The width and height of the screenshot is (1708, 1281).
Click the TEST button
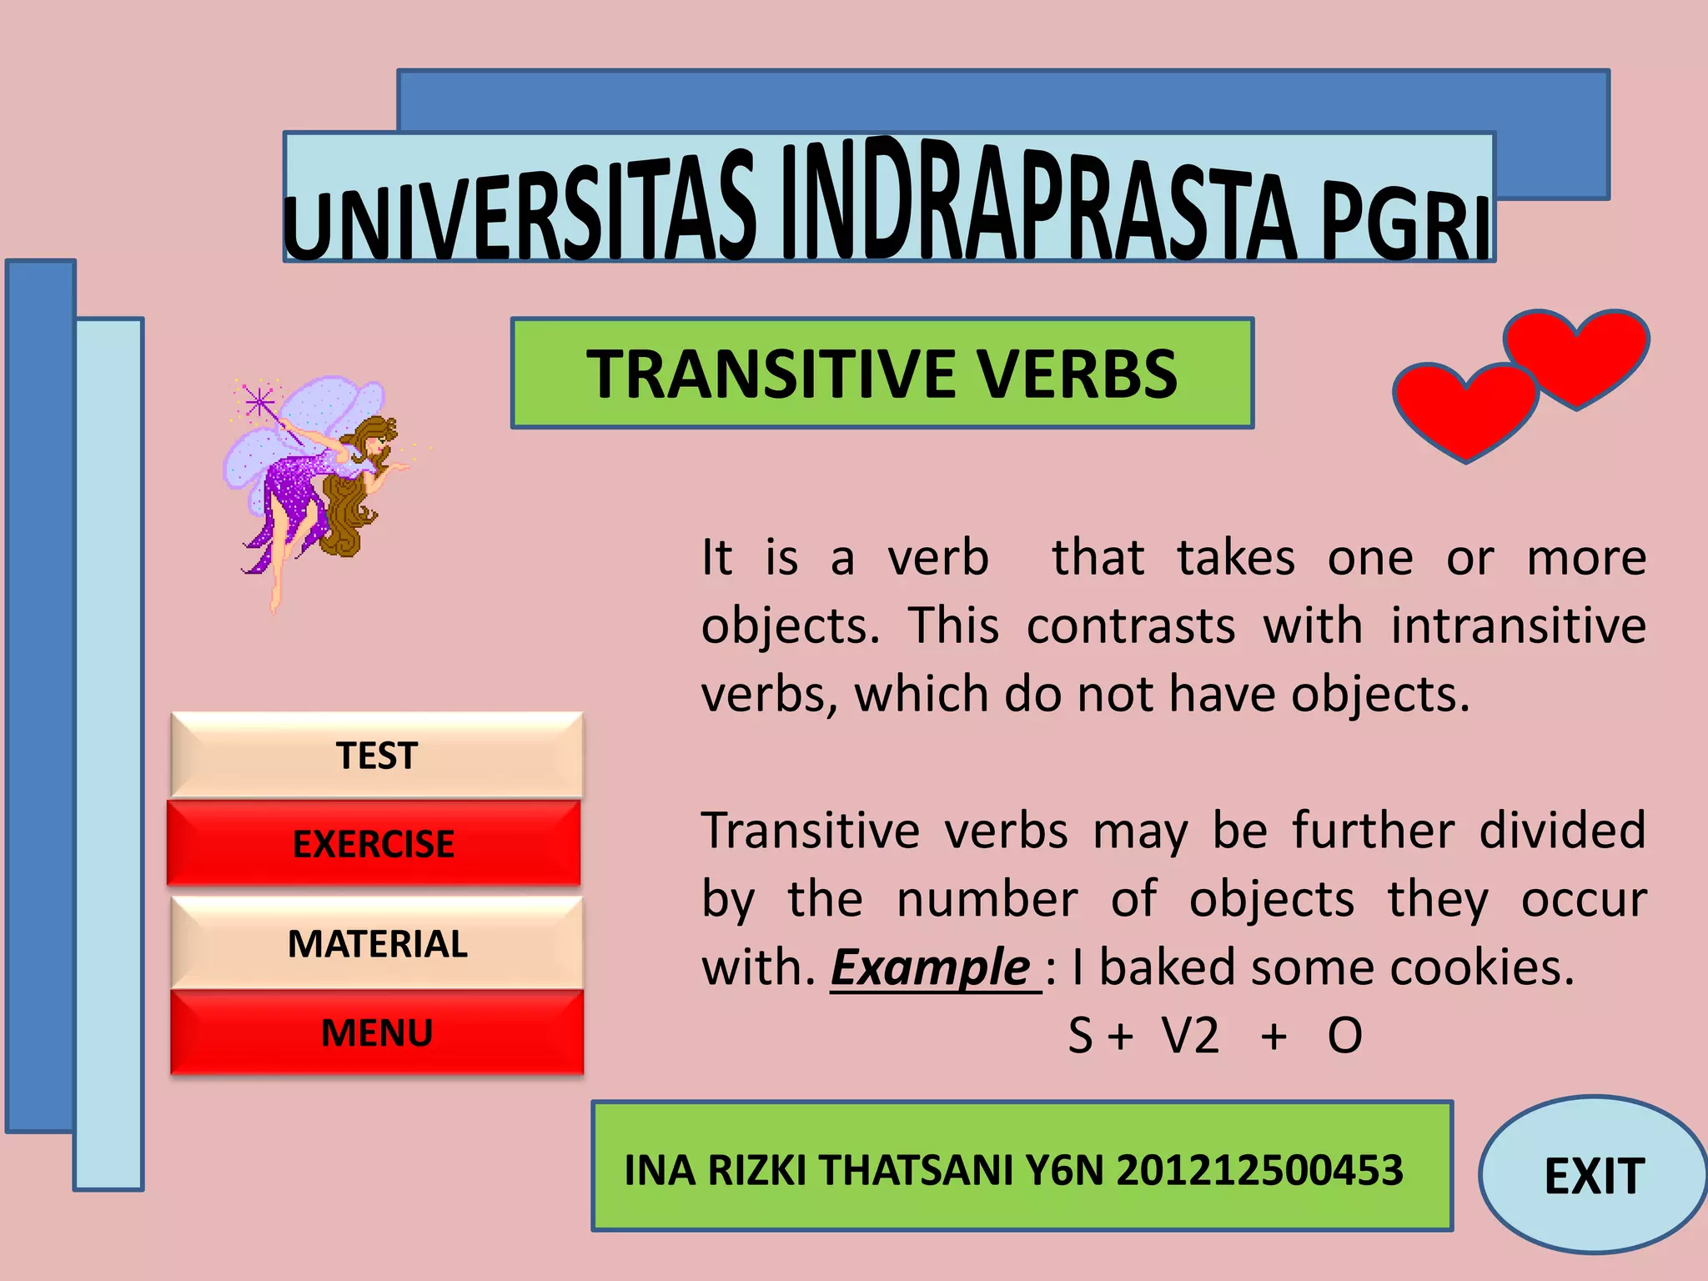377,756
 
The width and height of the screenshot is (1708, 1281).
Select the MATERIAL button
377,944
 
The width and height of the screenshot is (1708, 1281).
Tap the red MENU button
377,1032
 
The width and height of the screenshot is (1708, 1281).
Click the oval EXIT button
1594,1176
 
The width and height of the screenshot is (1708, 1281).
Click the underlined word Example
932,967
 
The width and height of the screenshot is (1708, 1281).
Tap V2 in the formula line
1190,1036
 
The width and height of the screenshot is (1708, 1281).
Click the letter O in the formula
1344,1036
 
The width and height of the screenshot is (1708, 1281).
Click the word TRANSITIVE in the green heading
771,374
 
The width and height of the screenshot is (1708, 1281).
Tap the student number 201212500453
1259,1170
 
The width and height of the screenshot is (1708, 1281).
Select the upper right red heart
1576,354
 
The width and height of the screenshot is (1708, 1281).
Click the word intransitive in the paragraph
1518,625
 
